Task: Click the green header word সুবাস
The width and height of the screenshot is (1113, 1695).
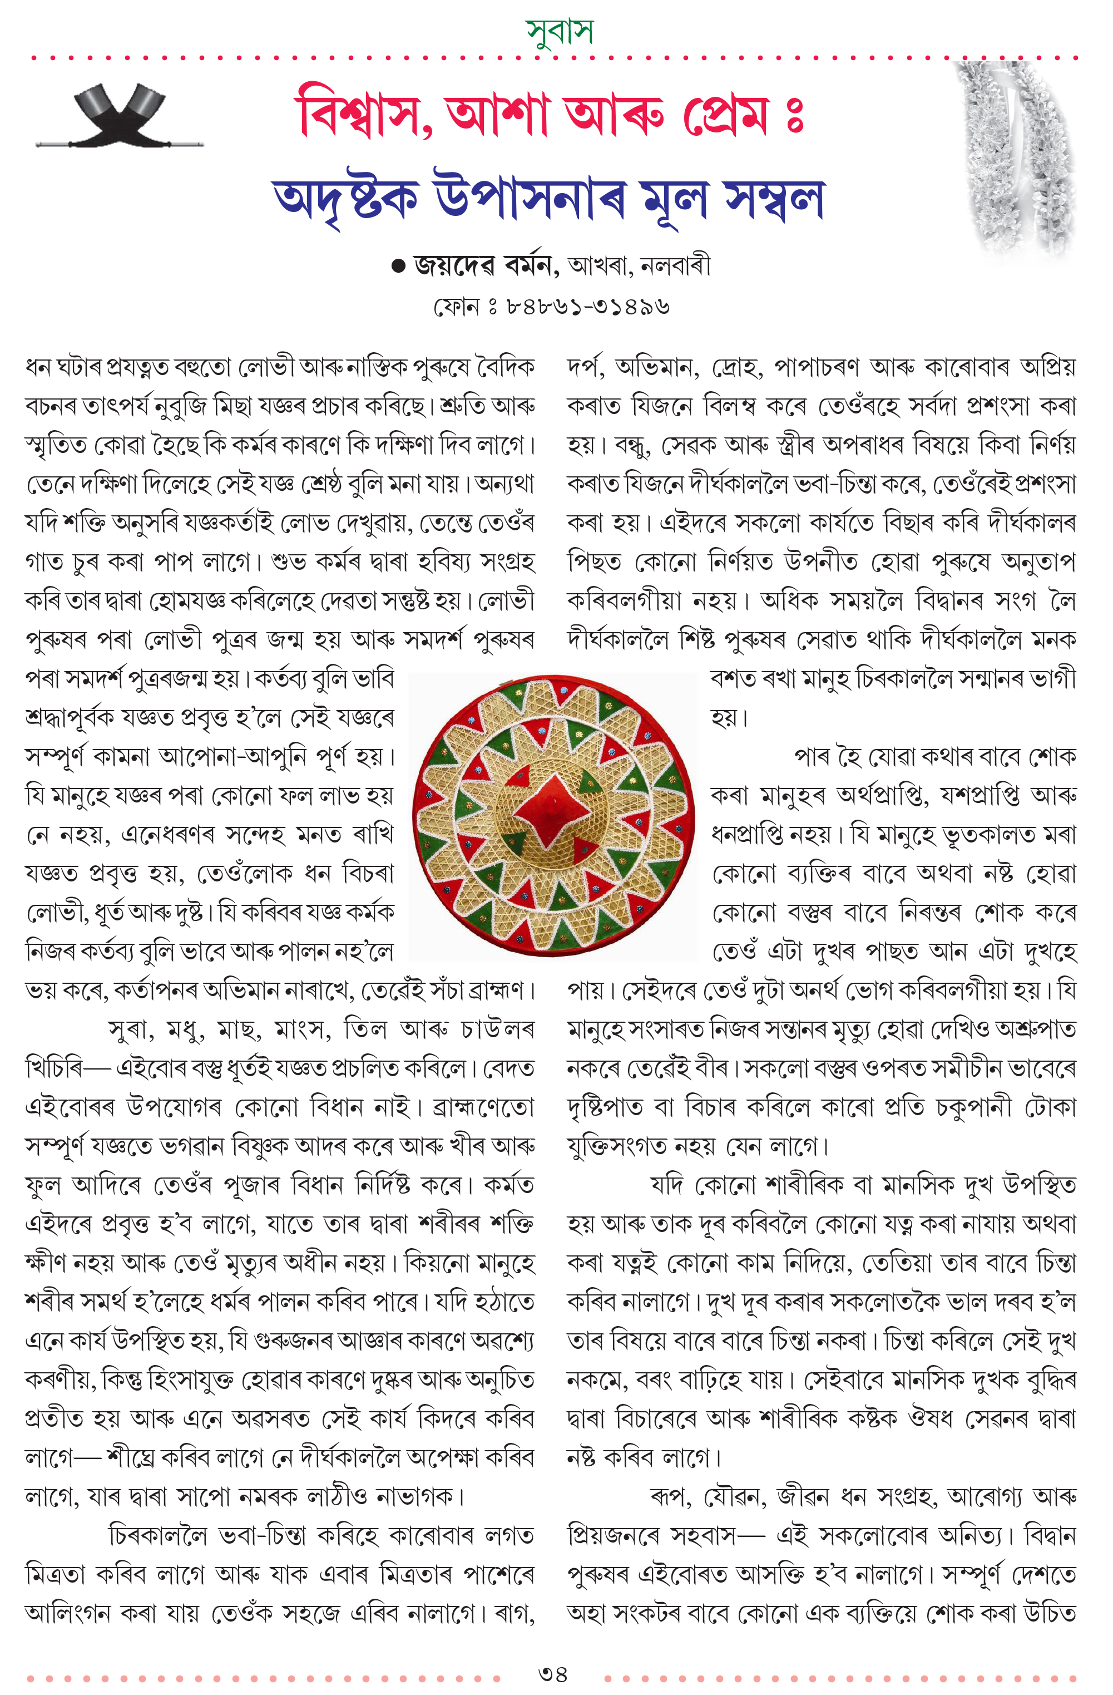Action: (558, 31)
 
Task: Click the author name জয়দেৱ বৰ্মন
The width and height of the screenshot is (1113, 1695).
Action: (484, 265)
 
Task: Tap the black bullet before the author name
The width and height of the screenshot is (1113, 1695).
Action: (398, 267)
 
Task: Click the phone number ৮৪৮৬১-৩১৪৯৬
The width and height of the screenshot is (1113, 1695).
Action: (587, 307)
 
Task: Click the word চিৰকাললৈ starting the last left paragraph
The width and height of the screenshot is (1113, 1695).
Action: (157, 1536)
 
